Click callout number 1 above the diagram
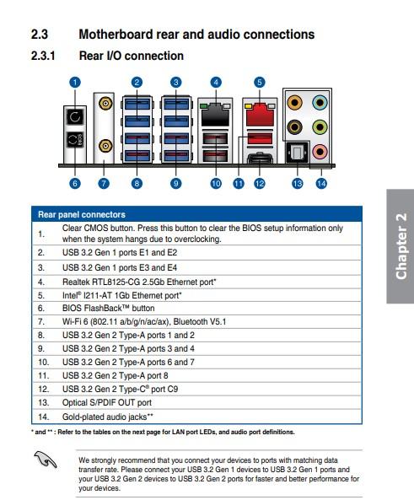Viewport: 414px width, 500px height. point(75,83)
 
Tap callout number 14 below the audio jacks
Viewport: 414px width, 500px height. point(321,183)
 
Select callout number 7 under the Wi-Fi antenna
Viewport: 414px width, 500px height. point(104,183)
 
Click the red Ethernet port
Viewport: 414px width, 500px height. point(260,115)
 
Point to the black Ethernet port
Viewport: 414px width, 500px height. point(215,115)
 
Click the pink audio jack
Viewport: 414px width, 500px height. point(320,152)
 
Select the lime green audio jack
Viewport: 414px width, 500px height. point(320,127)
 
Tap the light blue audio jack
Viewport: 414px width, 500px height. point(320,103)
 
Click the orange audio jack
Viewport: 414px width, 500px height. point(294,103)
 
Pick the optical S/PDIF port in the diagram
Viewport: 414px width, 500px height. point(298,152)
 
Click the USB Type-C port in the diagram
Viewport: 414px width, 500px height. point(260,159)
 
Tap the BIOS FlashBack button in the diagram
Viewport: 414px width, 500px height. point(75,139)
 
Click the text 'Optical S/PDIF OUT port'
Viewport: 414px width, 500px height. point(107,403)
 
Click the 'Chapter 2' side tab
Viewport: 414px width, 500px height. point(401,246)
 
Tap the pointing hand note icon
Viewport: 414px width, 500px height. point(46,460)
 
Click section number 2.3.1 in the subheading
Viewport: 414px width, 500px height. point(43,56)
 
